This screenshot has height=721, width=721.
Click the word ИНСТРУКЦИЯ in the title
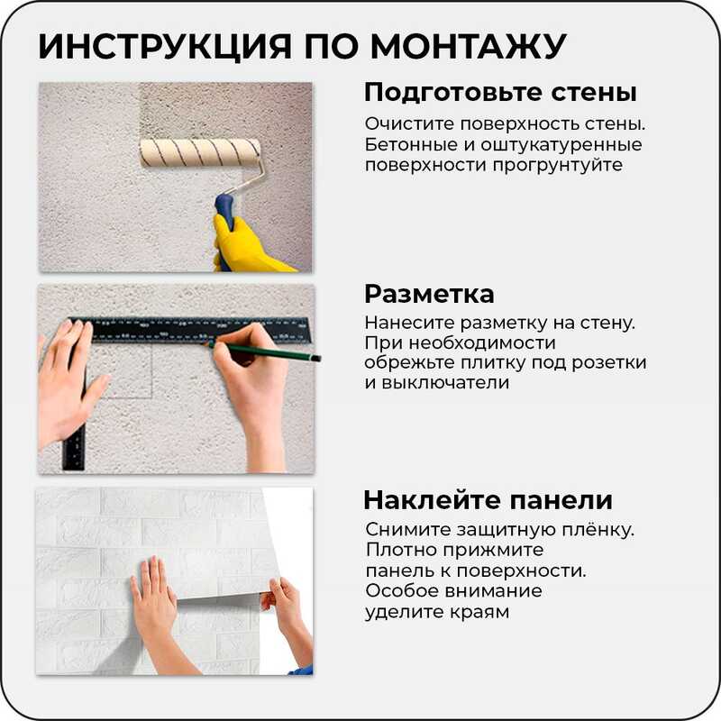click(x=165, y=47)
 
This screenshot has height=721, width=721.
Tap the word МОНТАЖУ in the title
click(x=468, y=47)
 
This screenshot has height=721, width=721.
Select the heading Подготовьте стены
click(x=500, y=93)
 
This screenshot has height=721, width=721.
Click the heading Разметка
click(x=429, y=294)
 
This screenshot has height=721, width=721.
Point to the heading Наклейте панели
click(x=488, y=500)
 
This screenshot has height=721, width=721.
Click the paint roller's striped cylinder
click(x=200, y=152)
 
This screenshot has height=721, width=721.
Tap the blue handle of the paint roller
click(x=224, y=220)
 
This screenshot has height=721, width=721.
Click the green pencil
click(x=264, y=351)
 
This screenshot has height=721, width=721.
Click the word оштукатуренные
click(x=561, y=145)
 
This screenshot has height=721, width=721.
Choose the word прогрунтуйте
click(x=558, y=166)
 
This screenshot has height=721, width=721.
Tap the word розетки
click(x=609, y=363)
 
